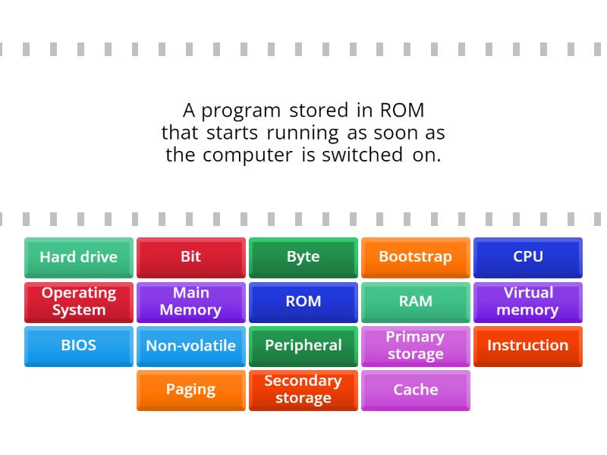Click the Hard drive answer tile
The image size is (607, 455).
point(79,257)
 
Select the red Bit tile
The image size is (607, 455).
point(191,257)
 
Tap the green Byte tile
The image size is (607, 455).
point(303,257)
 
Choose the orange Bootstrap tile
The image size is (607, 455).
point(416,257)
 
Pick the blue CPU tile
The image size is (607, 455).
point(528,257)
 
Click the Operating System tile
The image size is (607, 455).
point(79,302)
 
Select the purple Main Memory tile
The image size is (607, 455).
point(191,302)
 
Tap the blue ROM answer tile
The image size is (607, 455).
point(303,302)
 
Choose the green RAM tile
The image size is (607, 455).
point(416,302)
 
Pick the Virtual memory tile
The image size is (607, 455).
point(528,302)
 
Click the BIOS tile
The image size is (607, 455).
point(79,346)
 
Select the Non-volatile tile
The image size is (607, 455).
point(191,346)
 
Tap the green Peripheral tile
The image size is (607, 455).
point(303,346)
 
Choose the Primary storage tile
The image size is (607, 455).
point(416,346)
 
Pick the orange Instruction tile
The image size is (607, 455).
point(528,346)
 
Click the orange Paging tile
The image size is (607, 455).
point(191,390)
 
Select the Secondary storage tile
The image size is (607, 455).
point(303,390)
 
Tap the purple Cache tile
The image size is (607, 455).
point(416,390)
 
